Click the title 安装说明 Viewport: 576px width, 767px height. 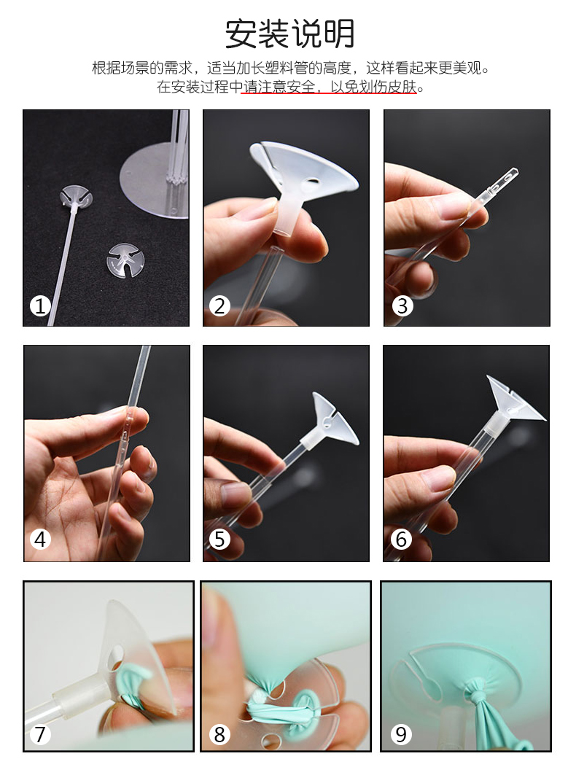click(x=289, y=34)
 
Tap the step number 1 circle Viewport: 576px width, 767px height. click(x=40, y=307)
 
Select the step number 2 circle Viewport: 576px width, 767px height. click(x=219, y=307)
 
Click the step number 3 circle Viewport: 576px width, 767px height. click(x=402, y=306)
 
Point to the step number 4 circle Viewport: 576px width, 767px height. click(x=41, y=540)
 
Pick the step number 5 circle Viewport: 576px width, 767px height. click(x=219, y=540)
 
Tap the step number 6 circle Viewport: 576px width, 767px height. click(x=401, y=540)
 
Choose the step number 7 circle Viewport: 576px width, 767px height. click(x=41, y=734)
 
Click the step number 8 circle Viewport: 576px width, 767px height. click(x=219, y=734)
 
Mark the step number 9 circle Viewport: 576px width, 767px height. click(x=401, y=734)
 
